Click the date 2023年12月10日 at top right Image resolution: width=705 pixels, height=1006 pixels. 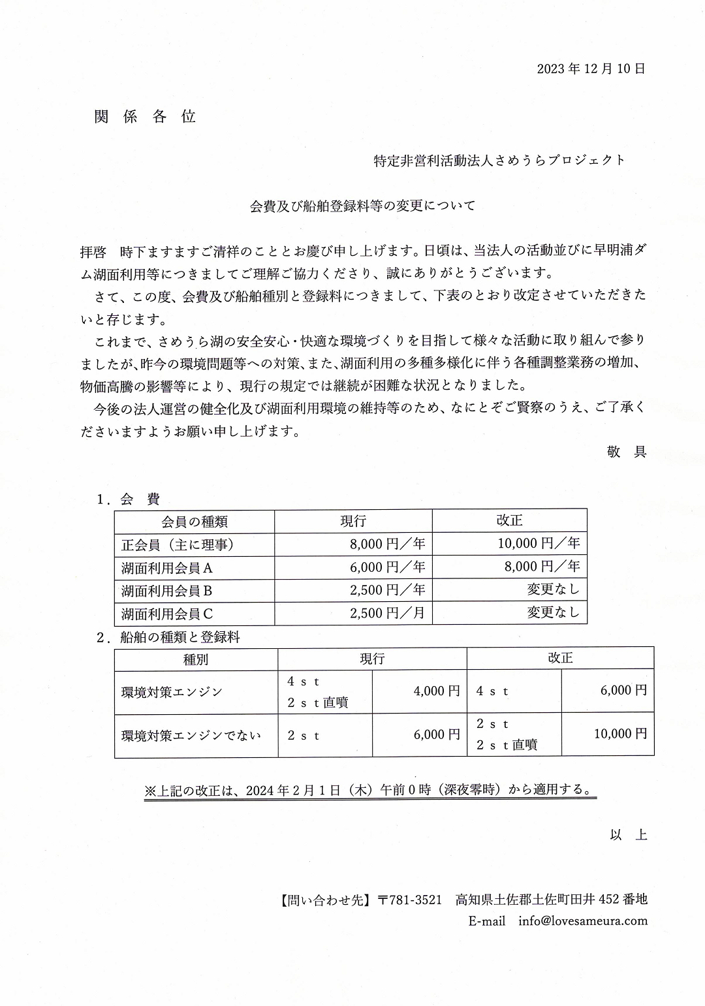(591, 69)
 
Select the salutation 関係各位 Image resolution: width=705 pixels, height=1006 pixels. (145, 117)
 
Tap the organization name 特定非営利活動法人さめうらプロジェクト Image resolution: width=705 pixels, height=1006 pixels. (499, 160)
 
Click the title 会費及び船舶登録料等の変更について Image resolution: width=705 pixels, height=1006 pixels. (362, 206)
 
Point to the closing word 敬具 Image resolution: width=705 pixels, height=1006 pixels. (627, 452)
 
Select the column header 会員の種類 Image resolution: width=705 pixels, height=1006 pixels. (195, 521)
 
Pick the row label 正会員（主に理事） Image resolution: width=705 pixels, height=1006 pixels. (178, 544)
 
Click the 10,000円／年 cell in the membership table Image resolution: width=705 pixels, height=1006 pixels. (539, 543)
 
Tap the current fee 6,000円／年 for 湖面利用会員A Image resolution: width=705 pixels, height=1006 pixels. (388, 567)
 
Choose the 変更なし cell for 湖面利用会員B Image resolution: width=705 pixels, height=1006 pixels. (553, 589)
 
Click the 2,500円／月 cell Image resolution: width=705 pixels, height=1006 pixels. (388, 613)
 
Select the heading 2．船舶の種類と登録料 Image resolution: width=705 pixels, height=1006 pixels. (168, 637)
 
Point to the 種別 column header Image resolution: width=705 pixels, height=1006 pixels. (196, 659)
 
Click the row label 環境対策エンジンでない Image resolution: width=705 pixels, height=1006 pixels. (191, 735)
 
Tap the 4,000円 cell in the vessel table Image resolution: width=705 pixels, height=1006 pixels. (437, 691)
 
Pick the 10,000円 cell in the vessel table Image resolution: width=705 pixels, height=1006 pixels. (620, 734)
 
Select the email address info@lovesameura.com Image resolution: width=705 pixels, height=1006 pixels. (583, 921)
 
